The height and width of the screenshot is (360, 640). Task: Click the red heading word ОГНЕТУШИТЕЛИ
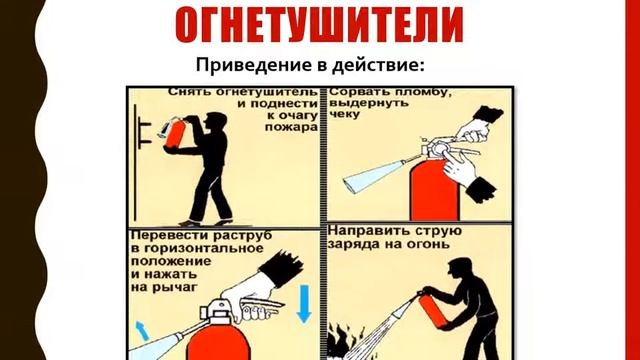pos(320,24)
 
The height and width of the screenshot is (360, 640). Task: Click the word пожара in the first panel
pos(291,127)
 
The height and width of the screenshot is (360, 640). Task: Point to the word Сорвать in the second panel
pos(353,92)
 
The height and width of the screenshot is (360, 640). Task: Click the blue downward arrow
pos(304,304)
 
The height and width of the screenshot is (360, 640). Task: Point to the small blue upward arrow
pos(142,330)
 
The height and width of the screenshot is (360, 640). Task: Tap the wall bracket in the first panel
pos(142,131)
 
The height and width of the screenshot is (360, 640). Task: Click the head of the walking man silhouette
pos(215,122)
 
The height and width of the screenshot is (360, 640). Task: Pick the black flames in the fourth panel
pos(340,342)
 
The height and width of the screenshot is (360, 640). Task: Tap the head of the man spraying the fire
pos(460,269)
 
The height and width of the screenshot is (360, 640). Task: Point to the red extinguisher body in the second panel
pos(435,191)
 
